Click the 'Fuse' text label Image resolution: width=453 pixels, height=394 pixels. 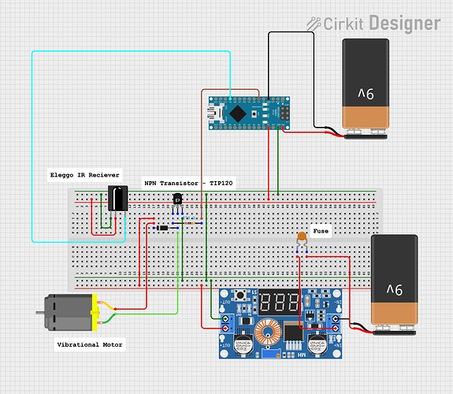[321, 232]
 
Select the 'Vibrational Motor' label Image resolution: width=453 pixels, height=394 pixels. [89, 344]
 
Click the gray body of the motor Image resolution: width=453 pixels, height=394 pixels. [69, 313]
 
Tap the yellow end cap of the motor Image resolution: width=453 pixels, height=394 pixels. [96, 312]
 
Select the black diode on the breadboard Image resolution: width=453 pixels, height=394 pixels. [163, 228]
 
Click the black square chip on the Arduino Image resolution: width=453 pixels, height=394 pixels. [244, 113]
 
